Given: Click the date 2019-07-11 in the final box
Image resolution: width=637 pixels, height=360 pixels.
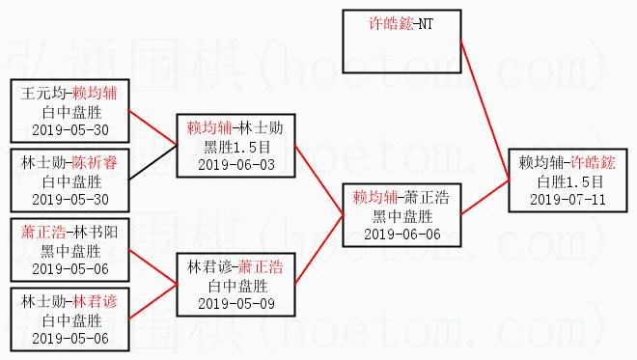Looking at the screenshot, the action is click(568, 199).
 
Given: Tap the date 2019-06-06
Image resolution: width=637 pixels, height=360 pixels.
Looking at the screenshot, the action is click(402, 234).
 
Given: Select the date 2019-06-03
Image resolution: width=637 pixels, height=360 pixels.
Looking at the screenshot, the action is click(236, 165).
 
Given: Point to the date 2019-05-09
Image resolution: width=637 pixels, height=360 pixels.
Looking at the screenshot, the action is click(236, 303).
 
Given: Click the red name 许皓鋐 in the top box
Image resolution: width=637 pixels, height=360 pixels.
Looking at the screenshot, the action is click(391, 23).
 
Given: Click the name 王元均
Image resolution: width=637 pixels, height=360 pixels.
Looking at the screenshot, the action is click(43, 93).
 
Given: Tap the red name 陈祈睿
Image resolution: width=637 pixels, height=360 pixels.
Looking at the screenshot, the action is click(95, 162).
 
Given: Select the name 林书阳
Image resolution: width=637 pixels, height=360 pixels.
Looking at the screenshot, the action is click(96, 232).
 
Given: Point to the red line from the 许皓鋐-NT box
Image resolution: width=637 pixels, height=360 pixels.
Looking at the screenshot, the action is click(485, 111).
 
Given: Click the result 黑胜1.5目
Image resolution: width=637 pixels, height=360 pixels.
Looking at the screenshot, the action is click(236, 147).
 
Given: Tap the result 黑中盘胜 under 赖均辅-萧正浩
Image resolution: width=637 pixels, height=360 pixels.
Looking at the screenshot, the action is click(402, 216).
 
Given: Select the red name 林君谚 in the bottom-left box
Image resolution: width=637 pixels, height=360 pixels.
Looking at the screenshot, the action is click(96, 301).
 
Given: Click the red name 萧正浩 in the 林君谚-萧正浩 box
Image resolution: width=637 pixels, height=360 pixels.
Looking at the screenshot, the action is click(261, 267).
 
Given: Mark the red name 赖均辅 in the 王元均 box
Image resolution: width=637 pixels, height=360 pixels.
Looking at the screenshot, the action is click(95, 93).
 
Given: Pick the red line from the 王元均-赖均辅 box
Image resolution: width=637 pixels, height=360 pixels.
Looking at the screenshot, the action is click(153, 127).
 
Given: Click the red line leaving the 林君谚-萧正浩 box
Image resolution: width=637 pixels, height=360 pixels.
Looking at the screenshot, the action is click(319, 249).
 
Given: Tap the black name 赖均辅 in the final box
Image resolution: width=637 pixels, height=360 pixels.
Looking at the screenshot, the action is click(540, 162).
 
